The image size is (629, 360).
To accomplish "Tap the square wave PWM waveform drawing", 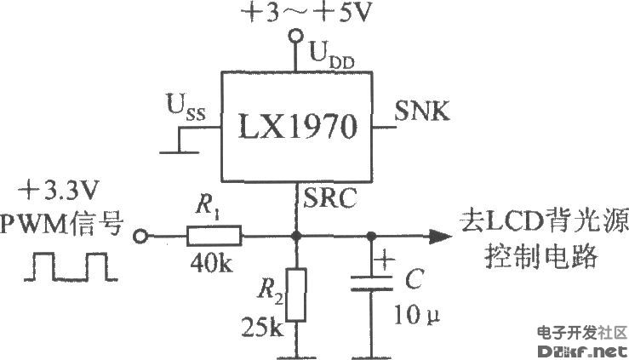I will pyautogui.click(x=71, y=267).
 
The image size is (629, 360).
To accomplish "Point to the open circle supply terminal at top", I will pyautogui.click(x=296, y=37).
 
